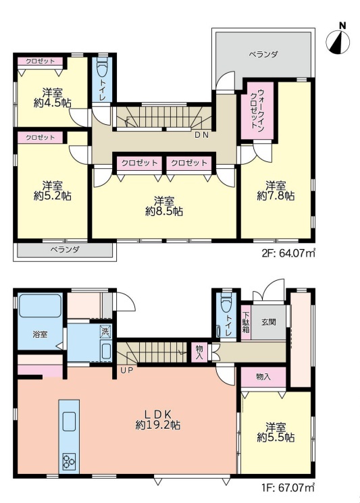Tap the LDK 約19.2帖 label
(x=157, y=419)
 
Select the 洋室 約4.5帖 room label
(x=52, y=98)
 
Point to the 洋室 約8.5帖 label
(x=164, y=207)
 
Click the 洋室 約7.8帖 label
(x=276, y=190)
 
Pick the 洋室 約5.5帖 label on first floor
(x=276, y=432)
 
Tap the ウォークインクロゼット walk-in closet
(x=257, y=111)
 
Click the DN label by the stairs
(x=202, y=135)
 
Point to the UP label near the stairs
(x=127, y=370)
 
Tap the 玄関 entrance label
(x=268, y=322)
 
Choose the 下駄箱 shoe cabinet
(x=246, y=323)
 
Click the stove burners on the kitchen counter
(x=69, y=462)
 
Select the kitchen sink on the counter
(x=69, y=421)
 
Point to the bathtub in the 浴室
(x=40, y=306)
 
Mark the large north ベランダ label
(x=263, y=54)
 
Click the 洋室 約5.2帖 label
(x=52, y=190)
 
